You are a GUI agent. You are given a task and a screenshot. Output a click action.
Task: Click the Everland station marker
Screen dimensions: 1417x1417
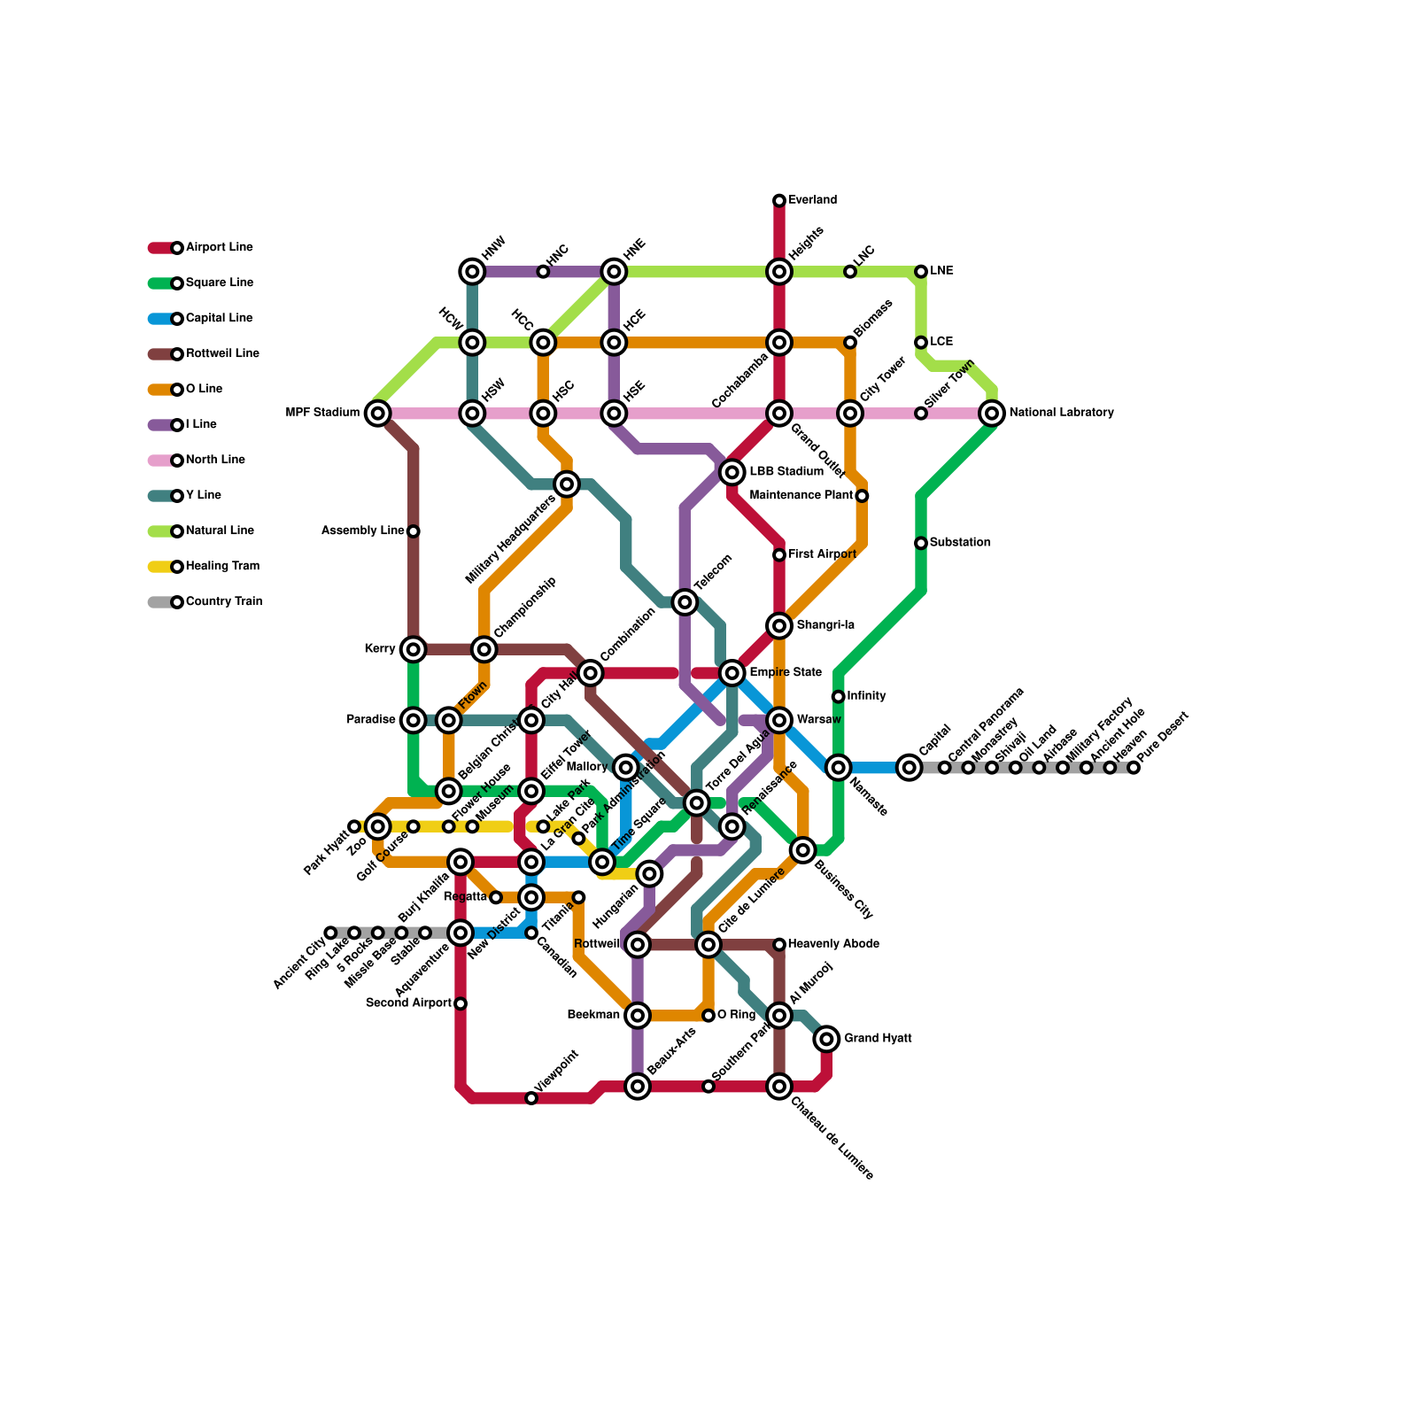click(x=779, y=201)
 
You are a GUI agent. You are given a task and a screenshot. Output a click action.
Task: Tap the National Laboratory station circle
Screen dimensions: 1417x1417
click(x=992, y=413)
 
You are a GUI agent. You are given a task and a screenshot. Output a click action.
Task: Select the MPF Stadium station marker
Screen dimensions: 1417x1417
click(x=378, y=413)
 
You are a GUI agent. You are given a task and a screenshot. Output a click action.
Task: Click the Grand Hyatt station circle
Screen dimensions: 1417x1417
click(x=826, y=1039)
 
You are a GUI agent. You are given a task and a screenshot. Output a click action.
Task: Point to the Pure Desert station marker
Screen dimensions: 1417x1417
click(x=1134, y=768)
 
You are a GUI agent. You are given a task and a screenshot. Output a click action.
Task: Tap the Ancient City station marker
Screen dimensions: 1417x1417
click(x=331, y=933)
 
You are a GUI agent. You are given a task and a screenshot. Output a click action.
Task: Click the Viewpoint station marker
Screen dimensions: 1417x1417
click(x=531, y=1098)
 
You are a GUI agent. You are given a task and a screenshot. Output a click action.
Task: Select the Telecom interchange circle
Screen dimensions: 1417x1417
click(x=685, y=602)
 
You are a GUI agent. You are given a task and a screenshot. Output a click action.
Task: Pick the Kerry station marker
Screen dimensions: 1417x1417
click(x=414, y=649)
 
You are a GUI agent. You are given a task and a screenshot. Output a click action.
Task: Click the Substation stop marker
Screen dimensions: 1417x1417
click(x=921, y=543)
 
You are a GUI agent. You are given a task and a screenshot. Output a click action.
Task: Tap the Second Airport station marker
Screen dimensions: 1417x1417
click(x=461, y=1003)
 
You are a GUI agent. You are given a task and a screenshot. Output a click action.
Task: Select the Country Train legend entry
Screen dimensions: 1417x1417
click(x=223, y=602)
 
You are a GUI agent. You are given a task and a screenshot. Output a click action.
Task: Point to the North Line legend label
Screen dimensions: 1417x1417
click(x=215, y=461)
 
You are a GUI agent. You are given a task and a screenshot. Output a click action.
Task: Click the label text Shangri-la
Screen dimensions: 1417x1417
click(x=825, y=625)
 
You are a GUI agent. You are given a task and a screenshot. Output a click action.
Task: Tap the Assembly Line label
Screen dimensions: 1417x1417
click(x=363, y=531)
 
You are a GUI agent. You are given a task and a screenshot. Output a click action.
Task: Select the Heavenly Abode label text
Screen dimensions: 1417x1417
click(x=833, y=944)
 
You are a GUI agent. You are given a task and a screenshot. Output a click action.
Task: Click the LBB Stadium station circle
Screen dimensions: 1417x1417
click(x=732, y=472)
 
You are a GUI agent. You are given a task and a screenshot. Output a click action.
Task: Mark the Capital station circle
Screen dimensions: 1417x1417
click(x=909, y=768)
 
